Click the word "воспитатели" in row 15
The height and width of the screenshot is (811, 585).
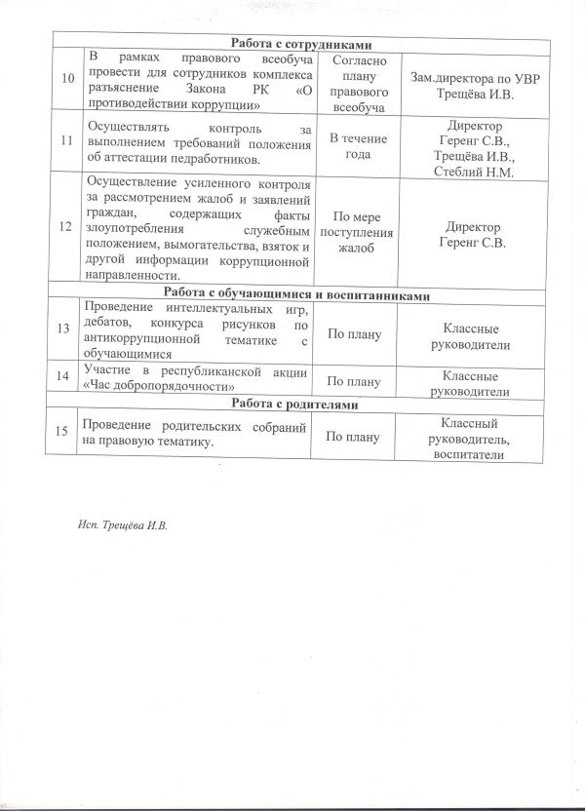(472, 455)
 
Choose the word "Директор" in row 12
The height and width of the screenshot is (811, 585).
(472, 221)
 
